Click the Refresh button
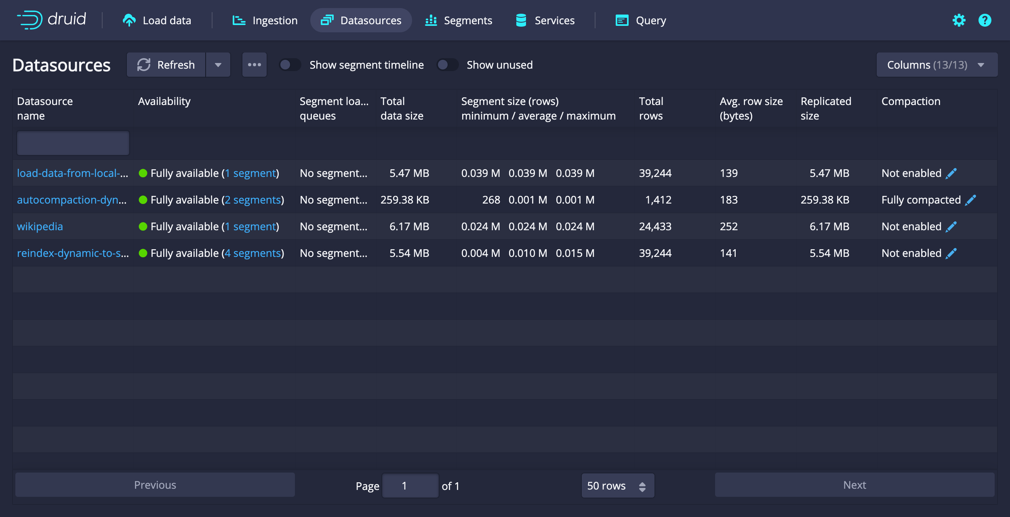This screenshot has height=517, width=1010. (x=166, y=65)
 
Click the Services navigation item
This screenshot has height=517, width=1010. (x=545, y=20)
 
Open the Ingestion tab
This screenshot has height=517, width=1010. (x=265, y=20)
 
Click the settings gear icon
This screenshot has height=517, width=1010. (x=959, y=20)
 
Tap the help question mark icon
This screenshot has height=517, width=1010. (x=985, y=20)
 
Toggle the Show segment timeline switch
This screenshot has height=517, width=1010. (x=290, y=65)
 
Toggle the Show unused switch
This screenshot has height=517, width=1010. (x=448, y=65)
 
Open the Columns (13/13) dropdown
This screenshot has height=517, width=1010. (x=936, y=65)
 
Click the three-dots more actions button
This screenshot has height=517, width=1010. (x=254, y=65)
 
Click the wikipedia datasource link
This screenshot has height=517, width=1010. (x=40, y=227)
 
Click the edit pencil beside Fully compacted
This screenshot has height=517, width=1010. (x=970, y=200)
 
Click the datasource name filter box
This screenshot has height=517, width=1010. (x=73, y=143)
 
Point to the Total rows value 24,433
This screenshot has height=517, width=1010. (x=655, y=227)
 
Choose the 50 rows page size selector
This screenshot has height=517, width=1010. (x=617, y=485)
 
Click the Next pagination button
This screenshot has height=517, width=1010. (x=854, y=485)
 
